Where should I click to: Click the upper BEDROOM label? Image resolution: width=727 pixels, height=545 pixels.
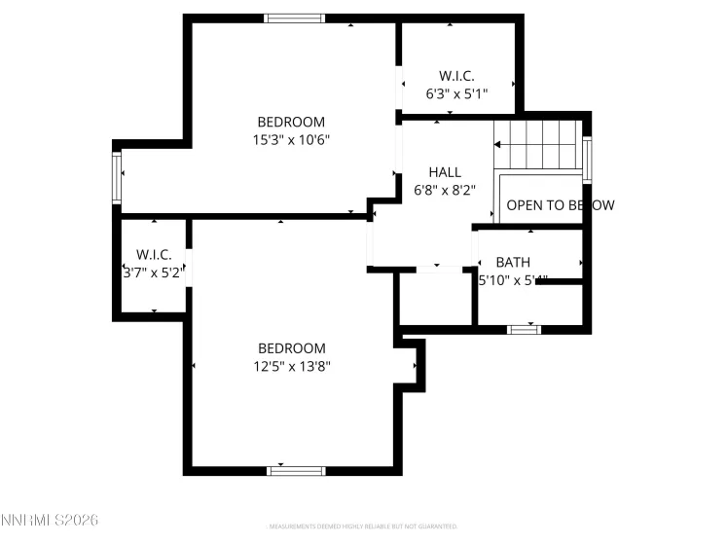291,122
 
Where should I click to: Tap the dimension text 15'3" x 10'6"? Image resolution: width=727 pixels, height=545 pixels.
291,139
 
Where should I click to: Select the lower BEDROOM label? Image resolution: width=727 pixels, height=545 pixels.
291,348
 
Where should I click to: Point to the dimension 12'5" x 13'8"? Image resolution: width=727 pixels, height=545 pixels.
291,366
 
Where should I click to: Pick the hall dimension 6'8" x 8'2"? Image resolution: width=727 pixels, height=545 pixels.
445,190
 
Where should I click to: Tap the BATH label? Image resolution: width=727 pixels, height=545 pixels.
513,262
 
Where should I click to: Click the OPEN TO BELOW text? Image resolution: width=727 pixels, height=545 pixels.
560,205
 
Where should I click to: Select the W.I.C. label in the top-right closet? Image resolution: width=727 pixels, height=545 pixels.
456,75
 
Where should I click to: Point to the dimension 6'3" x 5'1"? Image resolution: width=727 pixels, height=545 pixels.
456,92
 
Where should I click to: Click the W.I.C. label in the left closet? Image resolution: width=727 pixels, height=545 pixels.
154,255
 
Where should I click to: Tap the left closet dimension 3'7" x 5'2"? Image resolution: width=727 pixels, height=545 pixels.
154,272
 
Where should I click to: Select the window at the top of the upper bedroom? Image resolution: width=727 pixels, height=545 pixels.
295,18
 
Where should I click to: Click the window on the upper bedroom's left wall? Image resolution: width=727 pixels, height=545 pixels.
118,177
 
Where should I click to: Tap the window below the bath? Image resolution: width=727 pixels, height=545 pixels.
525,330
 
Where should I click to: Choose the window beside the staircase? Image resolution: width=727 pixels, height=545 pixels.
587,159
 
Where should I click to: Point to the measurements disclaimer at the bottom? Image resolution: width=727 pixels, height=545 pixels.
362,526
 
